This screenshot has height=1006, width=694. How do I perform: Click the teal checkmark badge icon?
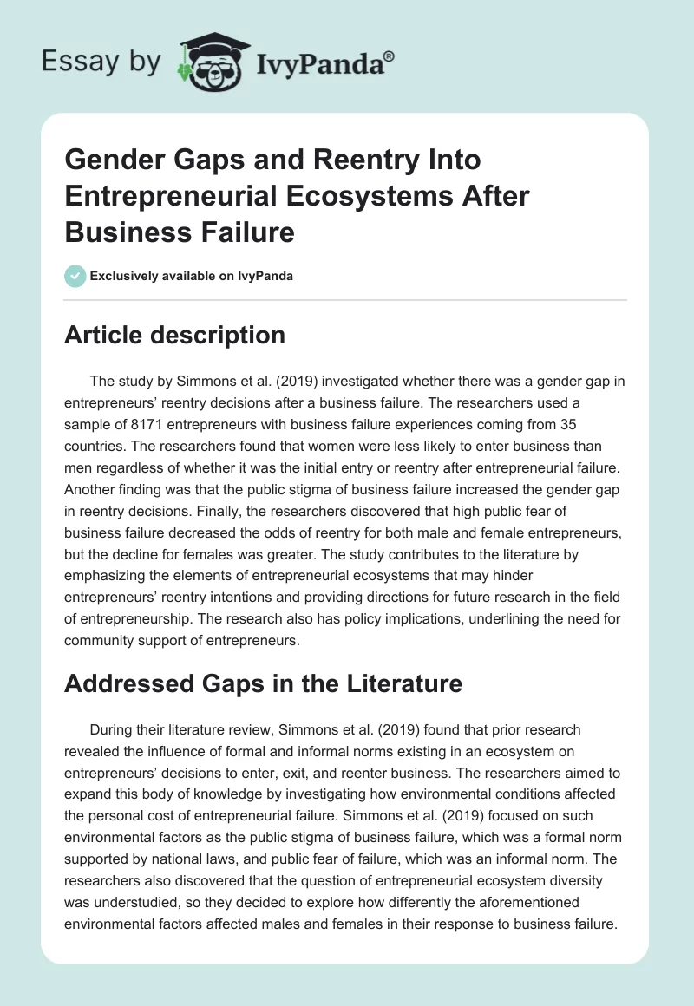click(75, 276)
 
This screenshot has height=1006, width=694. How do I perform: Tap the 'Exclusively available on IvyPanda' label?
click(192, 276)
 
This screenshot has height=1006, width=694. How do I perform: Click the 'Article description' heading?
click(174, 335)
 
